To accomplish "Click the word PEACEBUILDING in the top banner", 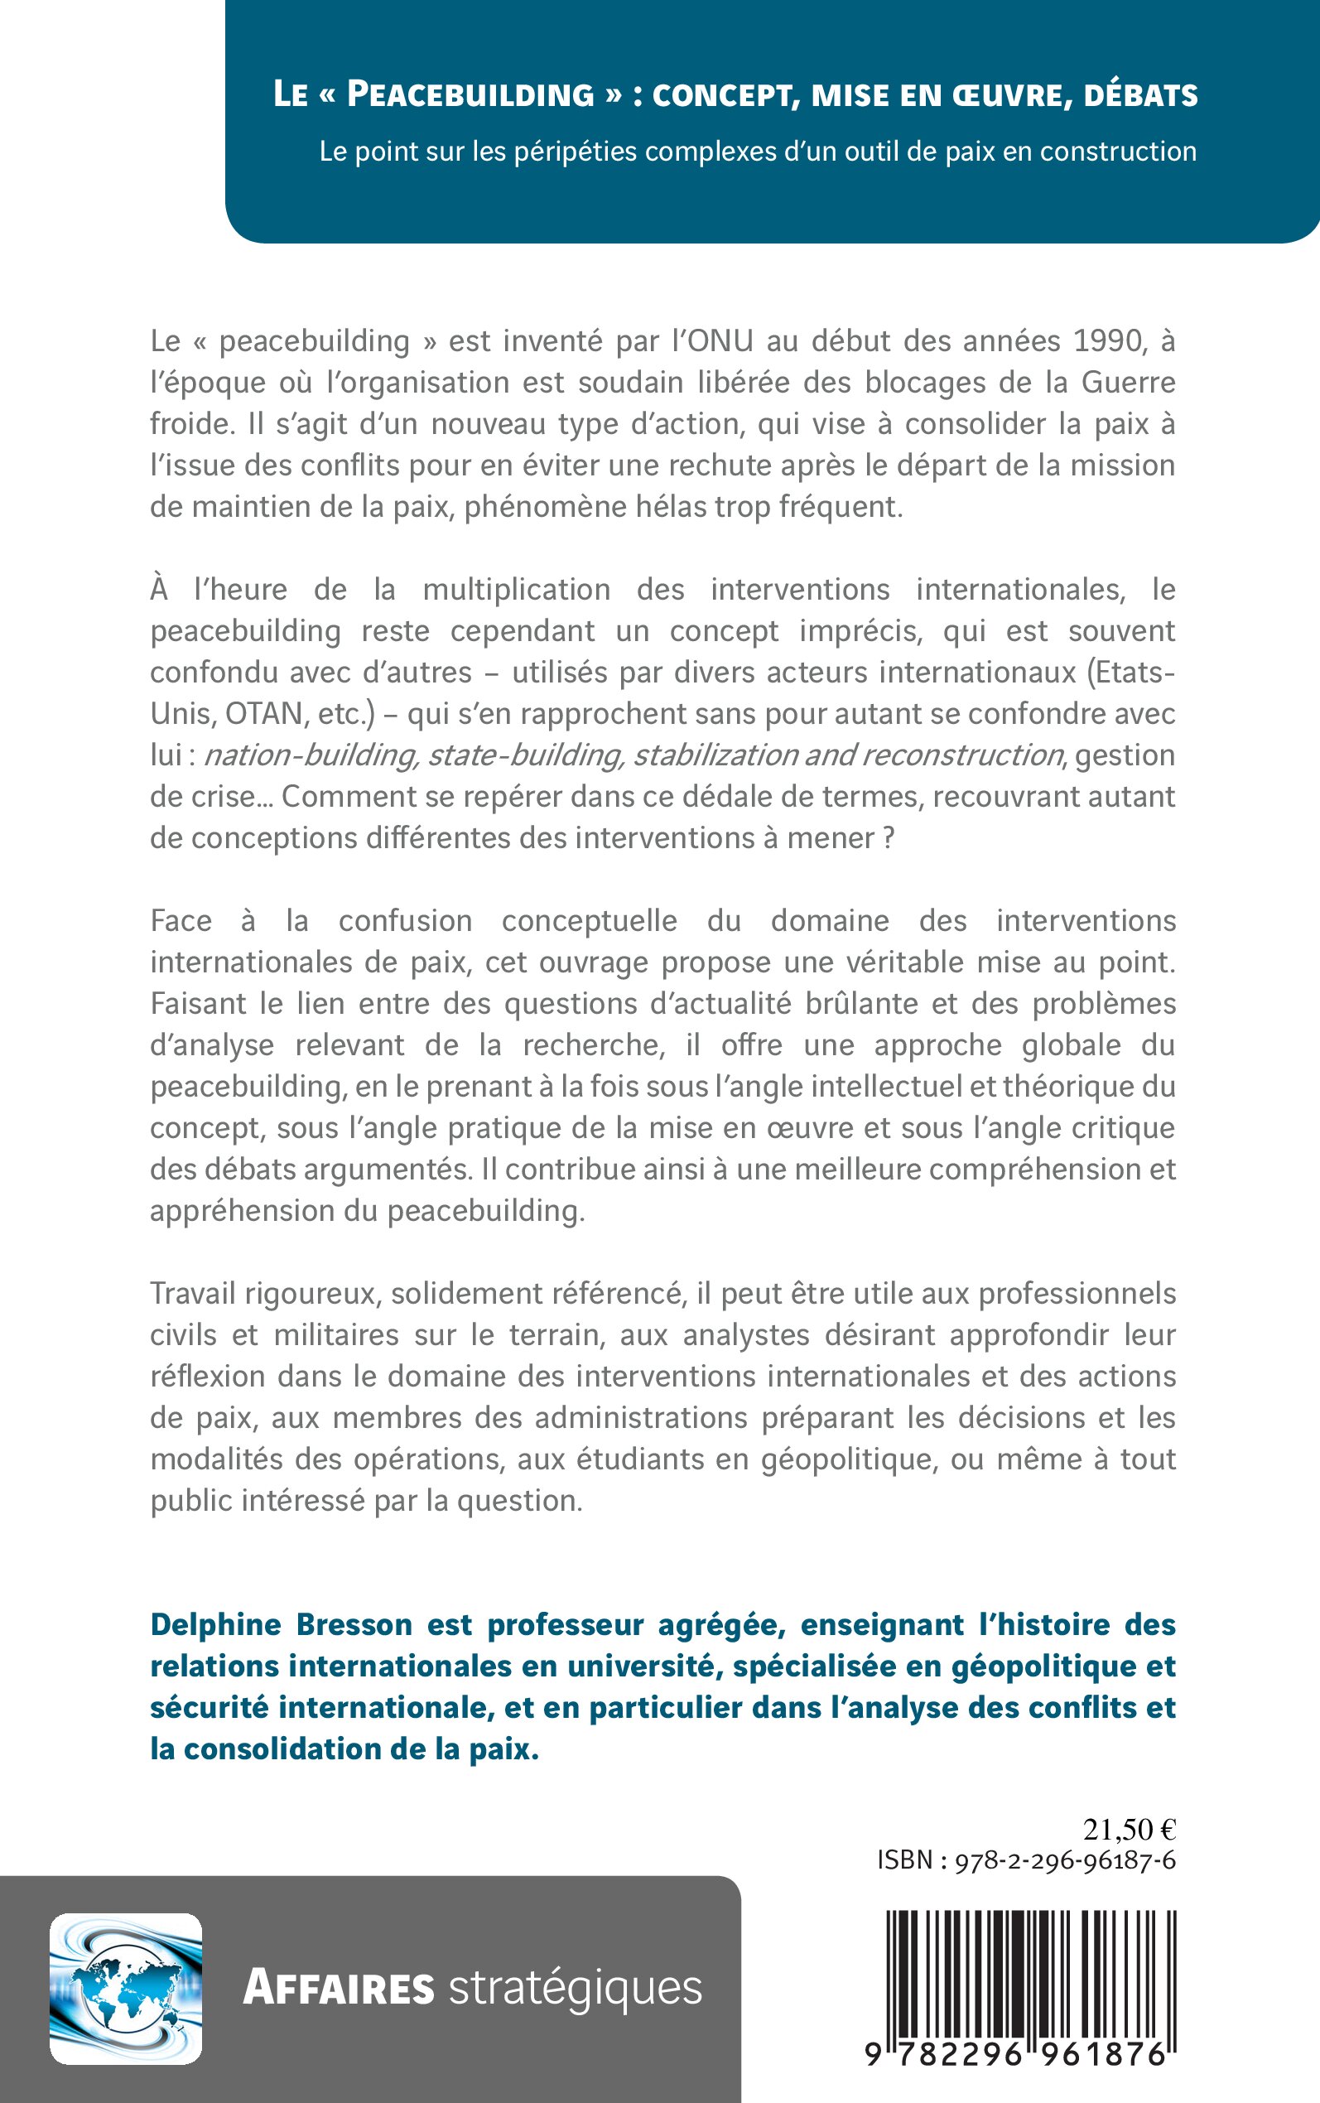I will coord(470,94).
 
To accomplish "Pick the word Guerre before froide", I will coord(1128,383).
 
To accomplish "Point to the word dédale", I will coord(735,796).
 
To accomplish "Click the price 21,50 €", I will coord(1129,1829).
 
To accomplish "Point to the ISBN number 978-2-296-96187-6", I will coord(1065,1860).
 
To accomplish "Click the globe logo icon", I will coord(126,1989).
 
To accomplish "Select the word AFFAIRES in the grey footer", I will coord(339,1989).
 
